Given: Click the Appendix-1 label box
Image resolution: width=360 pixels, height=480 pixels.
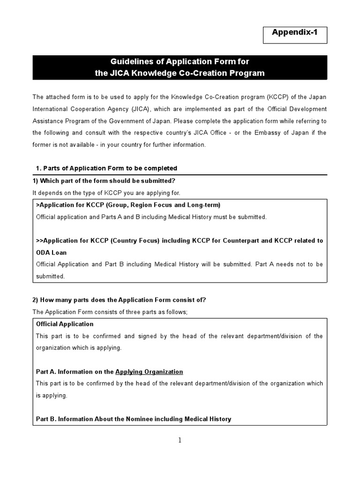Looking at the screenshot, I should pyautogui.click(x=295, y=35).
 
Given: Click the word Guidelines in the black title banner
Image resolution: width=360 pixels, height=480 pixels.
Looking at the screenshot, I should pyautogui.click(x=128, y=62).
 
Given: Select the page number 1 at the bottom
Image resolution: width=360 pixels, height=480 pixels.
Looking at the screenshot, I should pyautogui.click(x=180, y=440).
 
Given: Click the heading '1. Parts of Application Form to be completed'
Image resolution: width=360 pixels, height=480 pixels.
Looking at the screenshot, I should pyautogui.click(x=106, y=168).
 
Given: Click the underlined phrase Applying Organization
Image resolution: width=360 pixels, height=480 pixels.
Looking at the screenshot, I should pyautogui.click(x=149, y=372).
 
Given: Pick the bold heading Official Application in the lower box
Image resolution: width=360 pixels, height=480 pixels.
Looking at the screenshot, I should pyautogui.click(x=65, y=324).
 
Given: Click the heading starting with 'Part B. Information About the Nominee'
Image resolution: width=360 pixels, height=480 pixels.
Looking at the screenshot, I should pyautogui.click(x=134, y=419).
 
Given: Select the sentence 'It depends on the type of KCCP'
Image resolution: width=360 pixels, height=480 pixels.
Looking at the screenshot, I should pyautogui.click(x=106, y=193).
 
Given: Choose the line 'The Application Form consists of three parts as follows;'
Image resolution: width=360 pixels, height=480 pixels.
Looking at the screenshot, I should pyautogui.click(x=110, y=312).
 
